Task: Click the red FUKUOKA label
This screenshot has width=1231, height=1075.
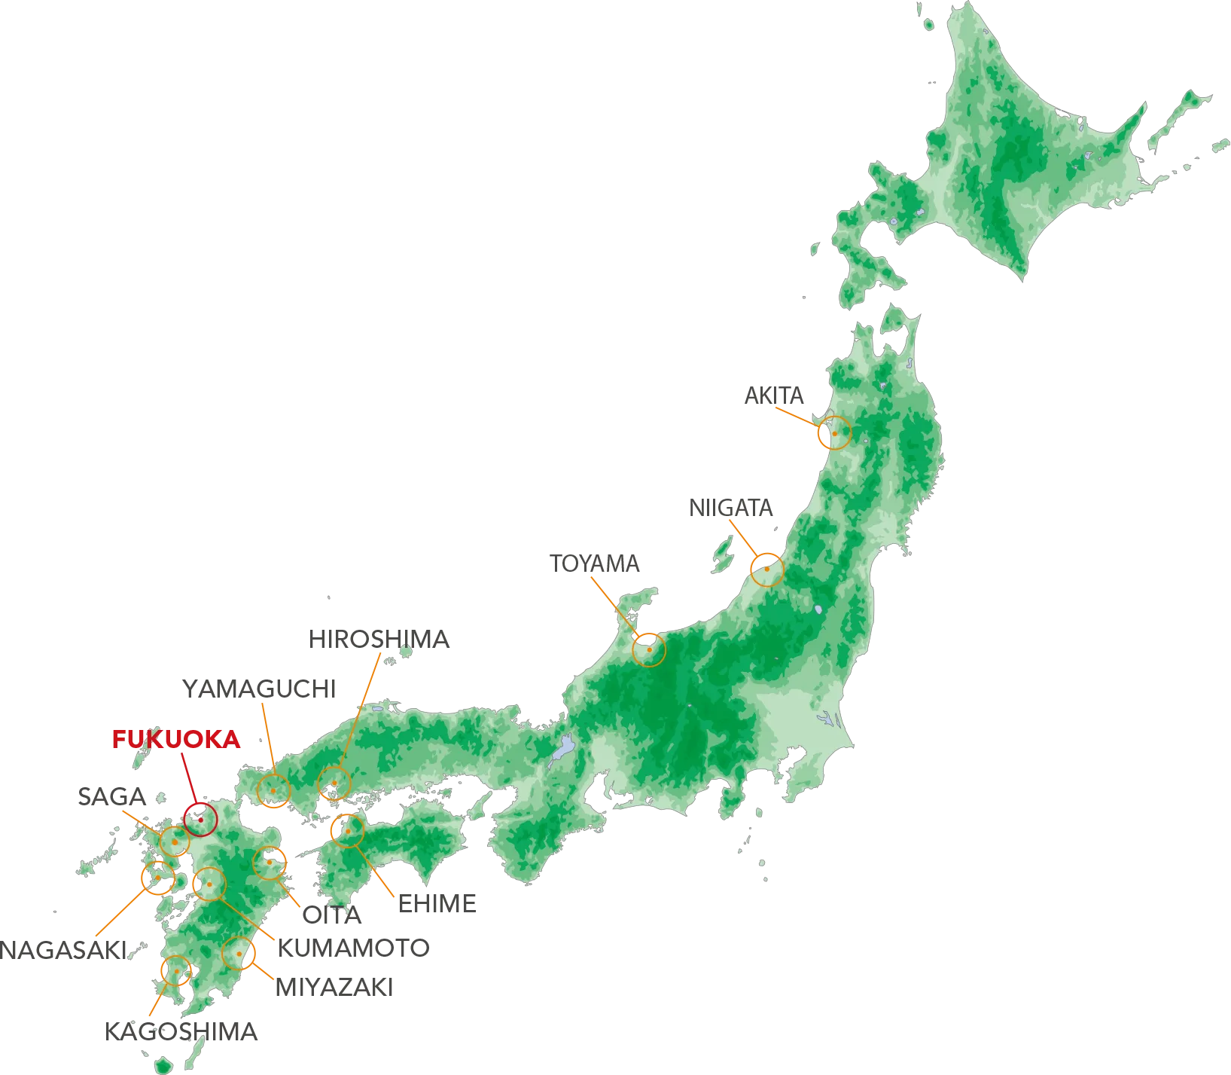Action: point(176,740)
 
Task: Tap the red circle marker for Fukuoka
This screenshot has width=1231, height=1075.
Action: point(201,820)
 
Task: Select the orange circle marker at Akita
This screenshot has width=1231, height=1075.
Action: point(834,433)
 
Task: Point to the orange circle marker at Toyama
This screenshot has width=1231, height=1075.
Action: point(649,649)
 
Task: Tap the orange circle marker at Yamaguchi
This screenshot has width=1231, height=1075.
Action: point(273,790)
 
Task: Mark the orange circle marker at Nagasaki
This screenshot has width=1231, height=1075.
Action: point(158,878)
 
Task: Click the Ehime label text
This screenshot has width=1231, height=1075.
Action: point(436,905)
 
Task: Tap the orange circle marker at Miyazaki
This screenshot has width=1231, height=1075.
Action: point(239,954)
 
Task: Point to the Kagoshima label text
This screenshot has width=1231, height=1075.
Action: point(181,1031)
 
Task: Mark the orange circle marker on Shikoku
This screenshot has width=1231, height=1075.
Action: point(348,831)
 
